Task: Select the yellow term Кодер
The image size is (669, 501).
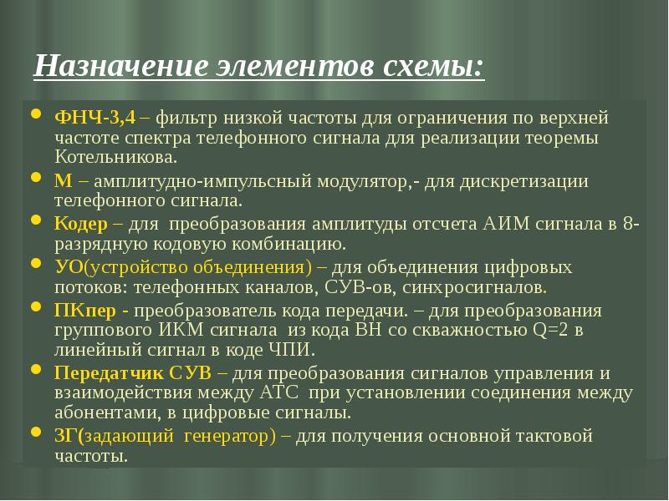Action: [x=81, y=224]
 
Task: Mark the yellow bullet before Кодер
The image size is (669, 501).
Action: [x=37, y=220]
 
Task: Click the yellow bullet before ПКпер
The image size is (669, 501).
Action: [x=37, y=306]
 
